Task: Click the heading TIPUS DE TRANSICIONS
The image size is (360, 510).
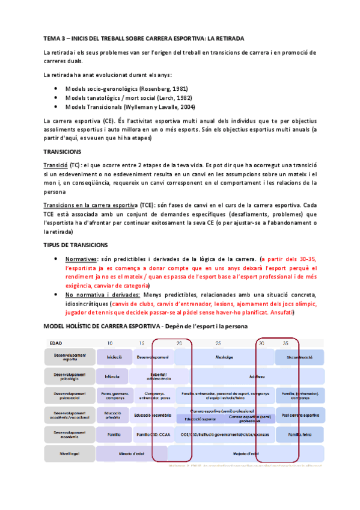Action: coord(76,245)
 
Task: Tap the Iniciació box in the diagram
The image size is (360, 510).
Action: coord(114,357)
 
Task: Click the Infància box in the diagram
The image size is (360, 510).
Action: coord(112,377)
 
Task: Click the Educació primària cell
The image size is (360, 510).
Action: coord(112,415)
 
